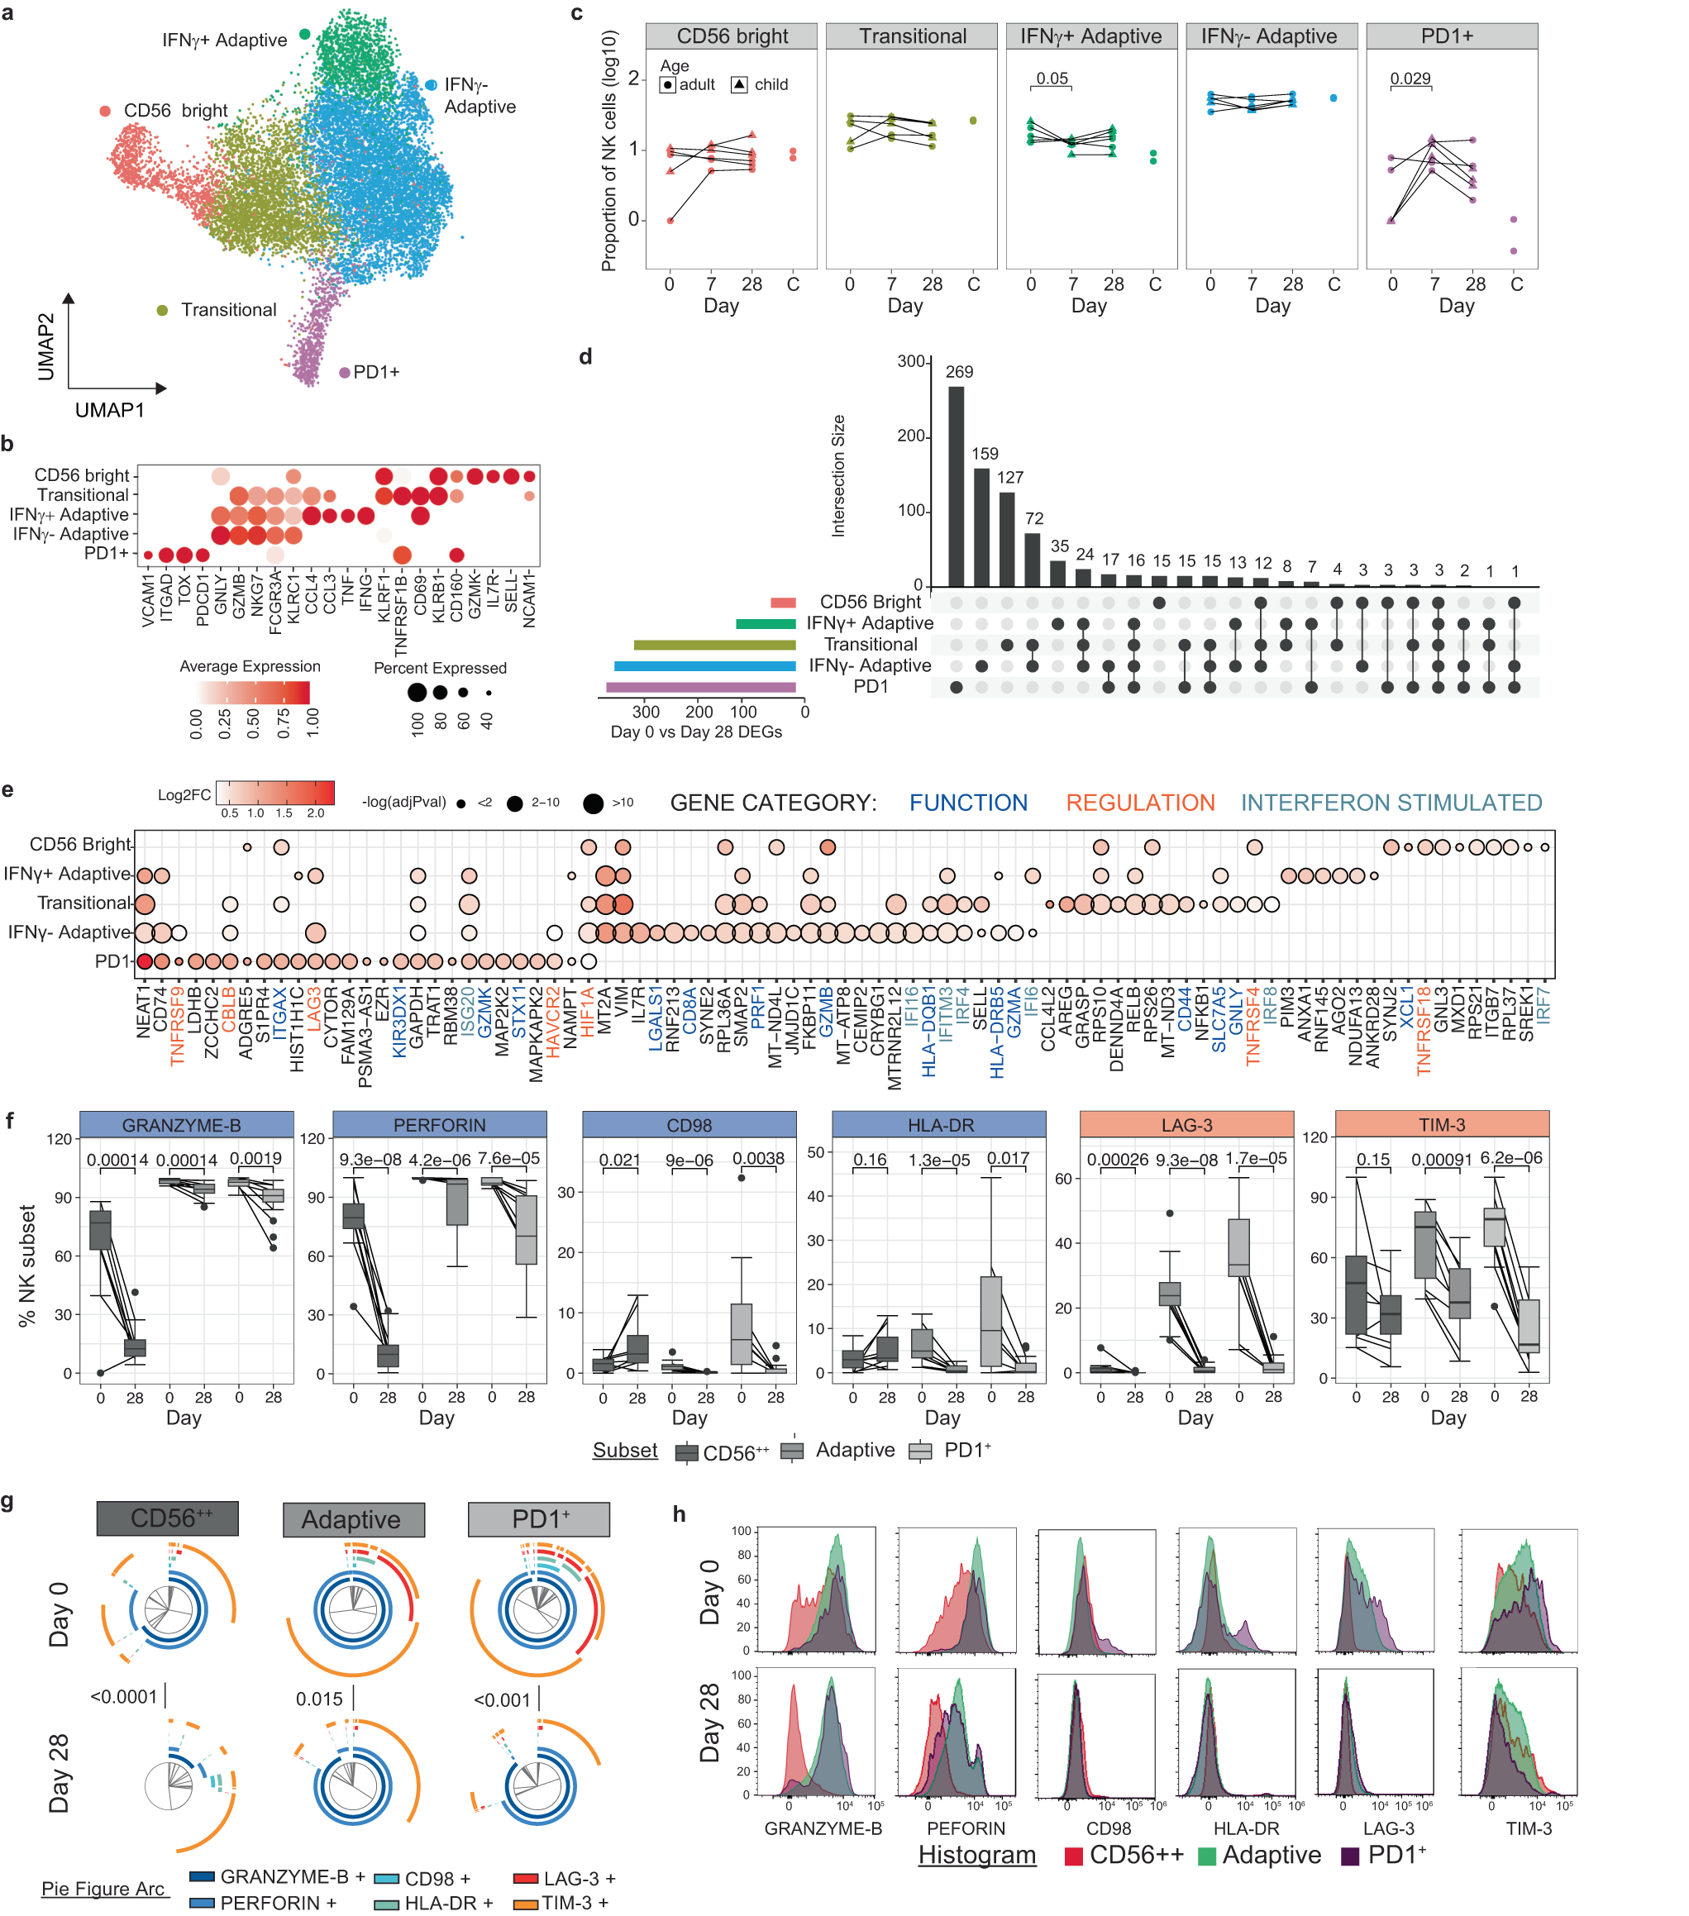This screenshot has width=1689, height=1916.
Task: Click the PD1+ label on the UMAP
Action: [376, 372]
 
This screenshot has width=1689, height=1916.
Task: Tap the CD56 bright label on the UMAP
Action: [175, 111]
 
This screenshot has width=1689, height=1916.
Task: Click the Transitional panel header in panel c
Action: [912, 36]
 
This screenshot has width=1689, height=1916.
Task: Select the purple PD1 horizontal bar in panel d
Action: [700, 687]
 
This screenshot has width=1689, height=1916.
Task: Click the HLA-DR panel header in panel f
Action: [939, 1124]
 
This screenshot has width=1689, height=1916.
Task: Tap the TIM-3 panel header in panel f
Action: [1441, 1124]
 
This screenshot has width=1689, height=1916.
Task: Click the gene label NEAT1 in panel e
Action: [143, 1011]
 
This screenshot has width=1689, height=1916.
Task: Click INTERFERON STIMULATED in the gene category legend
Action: [1391, 803]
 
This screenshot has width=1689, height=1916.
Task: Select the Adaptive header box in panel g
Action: [353, 1519]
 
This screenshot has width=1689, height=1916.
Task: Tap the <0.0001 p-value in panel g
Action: [124, 1698]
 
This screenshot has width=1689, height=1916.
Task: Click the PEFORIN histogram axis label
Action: [966, 1828]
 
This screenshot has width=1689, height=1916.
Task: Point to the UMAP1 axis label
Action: [110, 411]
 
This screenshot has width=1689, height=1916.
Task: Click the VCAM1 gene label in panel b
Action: [148, 600]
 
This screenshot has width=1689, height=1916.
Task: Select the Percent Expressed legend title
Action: [440, 667]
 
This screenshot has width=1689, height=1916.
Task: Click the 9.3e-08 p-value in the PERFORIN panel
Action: [370, 1160]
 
